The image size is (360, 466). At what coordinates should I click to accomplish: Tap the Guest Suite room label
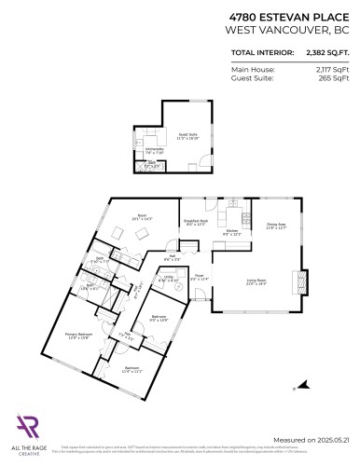click(187, 135)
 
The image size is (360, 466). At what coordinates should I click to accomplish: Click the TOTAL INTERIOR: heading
click(260, 54)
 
